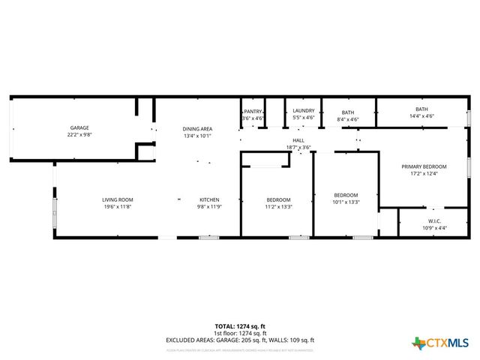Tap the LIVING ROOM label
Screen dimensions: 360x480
point(118,199)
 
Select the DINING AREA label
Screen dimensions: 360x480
point(197,129)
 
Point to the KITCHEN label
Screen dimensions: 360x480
point(208,199)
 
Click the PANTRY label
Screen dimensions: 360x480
point(253,111)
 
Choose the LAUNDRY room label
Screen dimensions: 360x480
point(303,111)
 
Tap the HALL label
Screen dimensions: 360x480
point(298,140)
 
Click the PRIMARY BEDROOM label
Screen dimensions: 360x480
point(424,166)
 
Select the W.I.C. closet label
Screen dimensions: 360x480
point(434,220)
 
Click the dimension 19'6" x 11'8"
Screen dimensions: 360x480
point(118,206)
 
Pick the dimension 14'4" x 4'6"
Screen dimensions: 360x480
point(421,116)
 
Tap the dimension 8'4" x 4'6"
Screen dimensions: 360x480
point(348,119)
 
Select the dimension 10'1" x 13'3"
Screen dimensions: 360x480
point(346,202)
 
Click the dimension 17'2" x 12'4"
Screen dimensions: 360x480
point(424,174)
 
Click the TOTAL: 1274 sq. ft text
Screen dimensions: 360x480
point(240,326)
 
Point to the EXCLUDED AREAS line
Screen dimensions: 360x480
point(240,340)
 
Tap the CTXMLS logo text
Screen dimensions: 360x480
point(448,343)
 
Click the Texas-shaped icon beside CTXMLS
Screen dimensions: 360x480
point(418,343)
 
